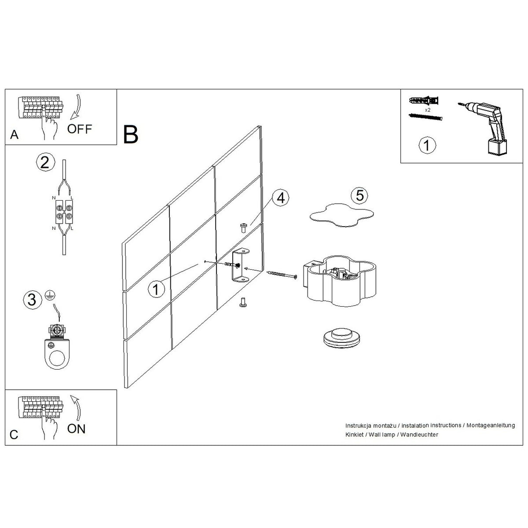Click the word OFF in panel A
coord(80,129)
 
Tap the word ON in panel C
coord(76,429)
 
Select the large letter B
coord(131,134)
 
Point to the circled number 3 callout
coord(33,300)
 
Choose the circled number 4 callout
coord(281,198)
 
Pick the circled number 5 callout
coord(359,195)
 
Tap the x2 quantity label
coord(427,110)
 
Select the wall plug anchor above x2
coord(424,100)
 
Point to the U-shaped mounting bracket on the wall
coord(240,265)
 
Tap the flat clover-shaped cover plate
coord(342,215)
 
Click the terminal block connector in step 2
coord(64,211)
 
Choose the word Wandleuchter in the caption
coord(419,435)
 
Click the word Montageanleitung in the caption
coord(491,425)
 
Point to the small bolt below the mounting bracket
coord(242,302)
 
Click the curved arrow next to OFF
coord(77,107)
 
